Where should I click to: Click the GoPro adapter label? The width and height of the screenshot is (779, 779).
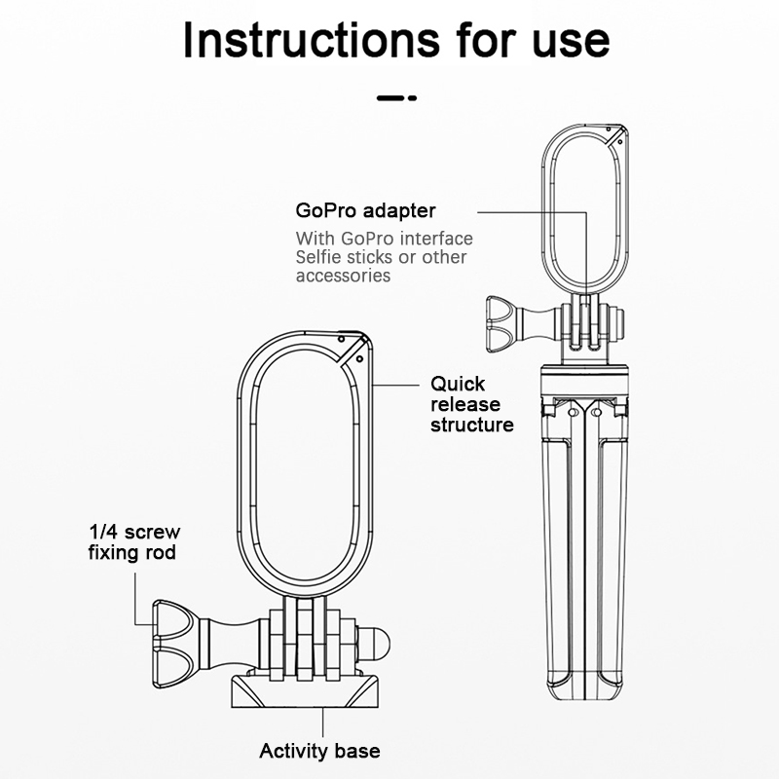coord(365,210)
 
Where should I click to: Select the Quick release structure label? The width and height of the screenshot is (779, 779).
coord(472,404)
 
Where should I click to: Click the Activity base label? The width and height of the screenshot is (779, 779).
coord(319,751)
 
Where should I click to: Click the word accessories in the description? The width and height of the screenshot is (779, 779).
coord(343,276)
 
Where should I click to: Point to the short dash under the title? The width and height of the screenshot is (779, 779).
coord(395,98)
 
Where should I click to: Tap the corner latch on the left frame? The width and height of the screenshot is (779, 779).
coord(352,350)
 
